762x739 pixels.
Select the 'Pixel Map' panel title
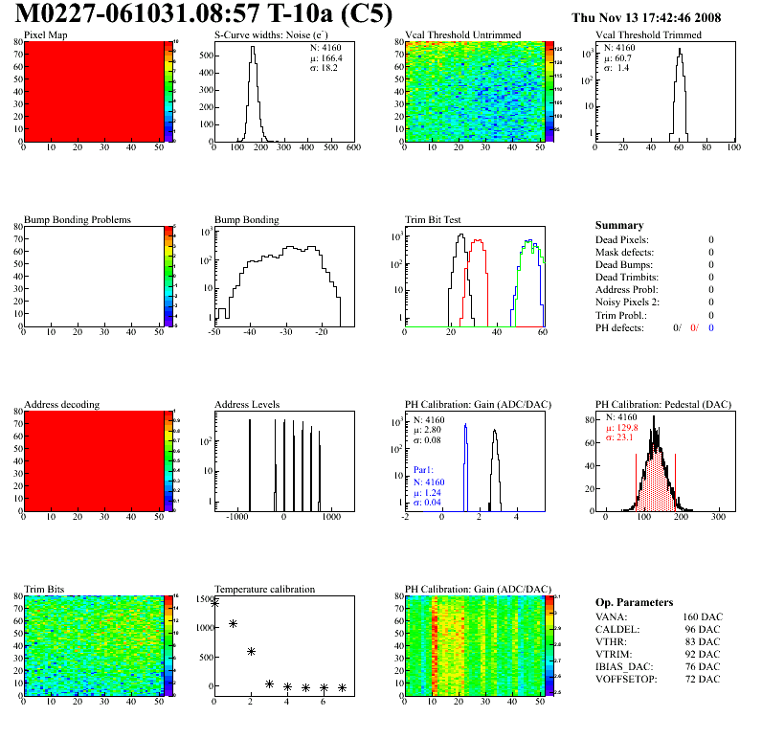[x=45, y=35]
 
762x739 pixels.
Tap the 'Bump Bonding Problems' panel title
[x=77, y=219]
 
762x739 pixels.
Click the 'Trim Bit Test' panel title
[x=433, y=219]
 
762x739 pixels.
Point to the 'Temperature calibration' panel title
[x=264, y=589]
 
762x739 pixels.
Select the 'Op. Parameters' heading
[x=635, y=602]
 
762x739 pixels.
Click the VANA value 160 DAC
[x=699, y=617]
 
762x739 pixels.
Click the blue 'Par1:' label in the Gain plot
[x=424, y=470]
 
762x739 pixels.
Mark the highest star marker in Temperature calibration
[x=214, y=603]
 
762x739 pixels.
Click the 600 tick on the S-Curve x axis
[x=352, y=147]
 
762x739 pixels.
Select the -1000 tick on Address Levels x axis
[x=235, y=516]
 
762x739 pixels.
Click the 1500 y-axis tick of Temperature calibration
[x=201, y=599]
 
